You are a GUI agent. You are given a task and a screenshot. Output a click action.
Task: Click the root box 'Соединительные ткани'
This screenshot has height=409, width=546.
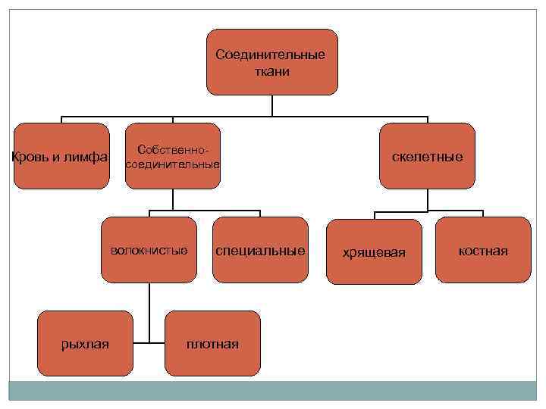(272, 62)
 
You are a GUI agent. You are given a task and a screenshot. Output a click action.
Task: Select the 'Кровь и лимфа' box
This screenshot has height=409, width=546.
(61, 156)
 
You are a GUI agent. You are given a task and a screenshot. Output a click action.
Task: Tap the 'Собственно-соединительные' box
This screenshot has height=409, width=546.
(172, 156)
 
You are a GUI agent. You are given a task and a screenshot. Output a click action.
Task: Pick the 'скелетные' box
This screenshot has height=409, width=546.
(427, 156)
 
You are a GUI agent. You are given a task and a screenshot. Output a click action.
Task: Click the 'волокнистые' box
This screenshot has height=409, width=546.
(149, 250)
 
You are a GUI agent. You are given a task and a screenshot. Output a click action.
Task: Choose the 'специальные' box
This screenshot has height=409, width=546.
(261, 250)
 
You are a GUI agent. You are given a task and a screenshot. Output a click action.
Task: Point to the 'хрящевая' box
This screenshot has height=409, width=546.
(374, 251)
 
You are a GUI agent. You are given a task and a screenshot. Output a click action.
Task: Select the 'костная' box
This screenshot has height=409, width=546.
(484, 250)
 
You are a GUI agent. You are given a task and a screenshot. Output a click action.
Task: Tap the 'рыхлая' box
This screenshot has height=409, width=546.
(85, 344)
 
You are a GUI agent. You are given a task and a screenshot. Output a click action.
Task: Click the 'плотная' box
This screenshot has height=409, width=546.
(212, 344)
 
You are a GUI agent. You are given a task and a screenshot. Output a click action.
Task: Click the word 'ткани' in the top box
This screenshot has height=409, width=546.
(271, 71)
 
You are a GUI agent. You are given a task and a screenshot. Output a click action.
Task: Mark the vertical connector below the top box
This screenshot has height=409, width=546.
(272, 106)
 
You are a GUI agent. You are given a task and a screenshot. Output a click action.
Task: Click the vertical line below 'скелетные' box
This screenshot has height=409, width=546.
(428, 199)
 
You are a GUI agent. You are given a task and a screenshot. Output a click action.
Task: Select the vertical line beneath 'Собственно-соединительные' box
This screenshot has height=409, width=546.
(173, 198)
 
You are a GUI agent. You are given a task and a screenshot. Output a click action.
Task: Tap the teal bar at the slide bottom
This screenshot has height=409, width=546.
(272, 390)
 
